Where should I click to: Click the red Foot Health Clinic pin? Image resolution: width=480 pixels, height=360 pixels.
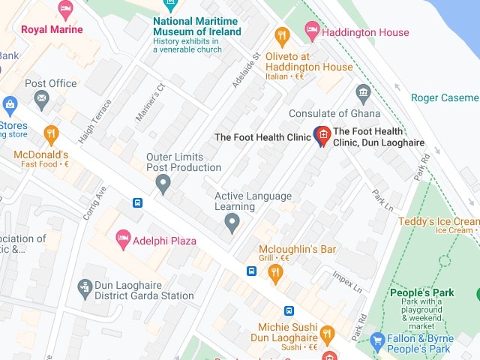[322, 136]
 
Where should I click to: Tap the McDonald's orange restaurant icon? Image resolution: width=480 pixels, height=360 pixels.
[51, 135]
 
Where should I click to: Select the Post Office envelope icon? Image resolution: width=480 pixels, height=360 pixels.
[42, 97]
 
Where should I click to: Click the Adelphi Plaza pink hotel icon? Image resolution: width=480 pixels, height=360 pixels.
[123, 241]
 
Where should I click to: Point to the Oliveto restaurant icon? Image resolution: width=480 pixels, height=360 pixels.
[282, 35]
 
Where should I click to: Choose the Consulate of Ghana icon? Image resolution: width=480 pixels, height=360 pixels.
[364, 94]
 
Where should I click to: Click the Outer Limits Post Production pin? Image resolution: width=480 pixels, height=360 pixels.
[163, 182]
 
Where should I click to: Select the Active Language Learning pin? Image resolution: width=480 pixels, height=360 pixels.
[232, 222]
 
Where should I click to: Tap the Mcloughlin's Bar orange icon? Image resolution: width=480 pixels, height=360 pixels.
[275, 273]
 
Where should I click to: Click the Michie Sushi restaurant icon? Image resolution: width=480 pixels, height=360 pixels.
[326, 334]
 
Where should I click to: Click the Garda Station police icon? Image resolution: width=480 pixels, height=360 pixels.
[85, 286]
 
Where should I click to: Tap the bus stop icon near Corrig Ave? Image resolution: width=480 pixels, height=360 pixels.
[137, 202]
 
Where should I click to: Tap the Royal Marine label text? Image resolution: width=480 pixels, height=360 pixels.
[52, 30]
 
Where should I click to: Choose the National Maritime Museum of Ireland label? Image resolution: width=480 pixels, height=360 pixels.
[197, 26]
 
